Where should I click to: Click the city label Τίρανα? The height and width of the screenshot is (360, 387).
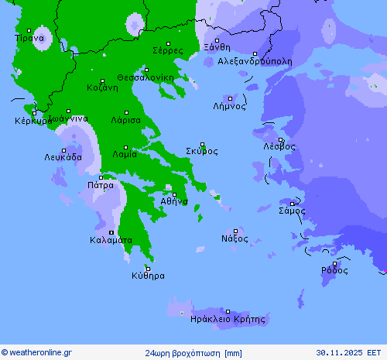click(x=29, y=38)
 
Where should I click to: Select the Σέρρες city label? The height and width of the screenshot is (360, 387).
click(x=168, y=51)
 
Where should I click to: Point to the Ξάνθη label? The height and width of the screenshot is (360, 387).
click(x=217, y=47)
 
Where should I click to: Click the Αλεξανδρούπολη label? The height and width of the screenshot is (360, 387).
click(x=255, y=60)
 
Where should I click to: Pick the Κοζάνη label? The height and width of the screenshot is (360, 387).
click(x=102, y=87)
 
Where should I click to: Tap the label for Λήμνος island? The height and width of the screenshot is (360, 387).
click(x=229, y=107)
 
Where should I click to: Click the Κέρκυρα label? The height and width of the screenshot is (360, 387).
click(x=33, y=121)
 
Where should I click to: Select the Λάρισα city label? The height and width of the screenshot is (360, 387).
click(x=125, y=121)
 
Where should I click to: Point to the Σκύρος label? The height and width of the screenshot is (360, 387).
click(x=201, y=151)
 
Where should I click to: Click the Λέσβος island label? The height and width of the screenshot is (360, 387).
click(x=279, y=146)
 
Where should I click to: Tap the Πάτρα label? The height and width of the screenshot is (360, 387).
click(x=101, y=185)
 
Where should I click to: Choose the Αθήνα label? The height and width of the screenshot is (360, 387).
click(x=174, y=201)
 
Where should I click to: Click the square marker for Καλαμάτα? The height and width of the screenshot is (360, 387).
click(x=111, y=232)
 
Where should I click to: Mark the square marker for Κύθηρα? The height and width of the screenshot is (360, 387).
click(x=147, y=268)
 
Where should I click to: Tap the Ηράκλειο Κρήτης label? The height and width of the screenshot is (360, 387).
click(x=227, y=319)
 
